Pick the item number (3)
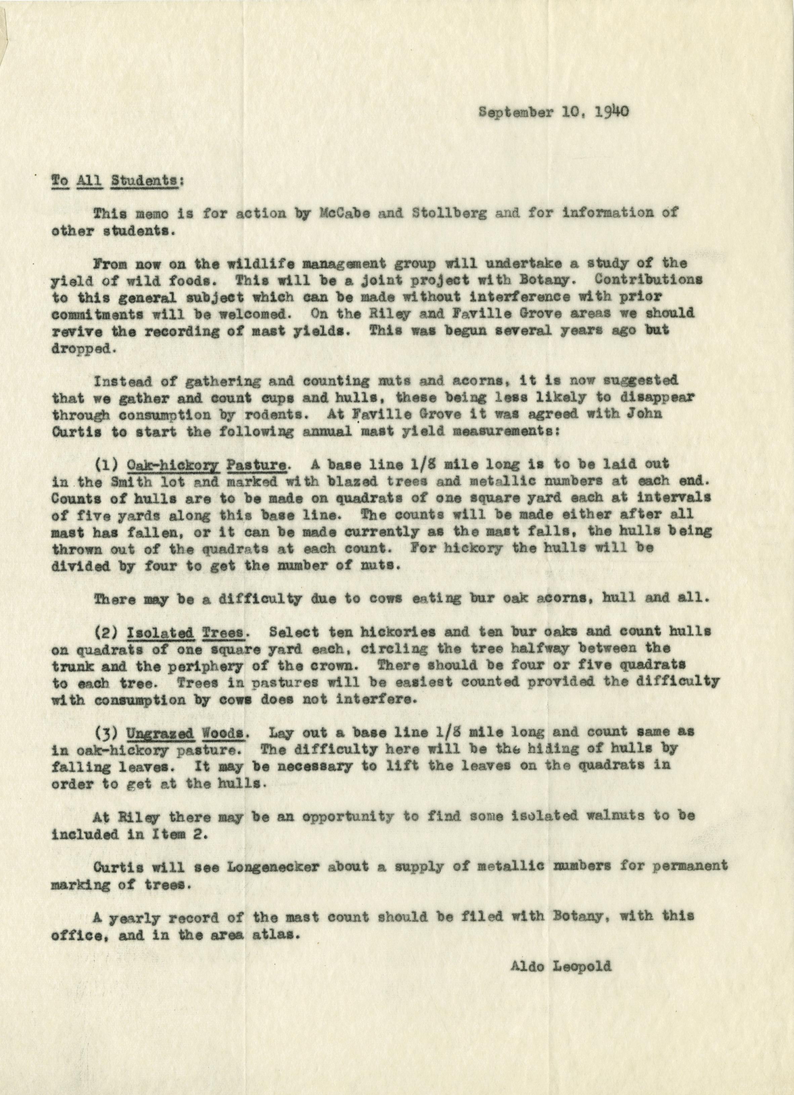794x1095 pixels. tap(106, 732)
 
